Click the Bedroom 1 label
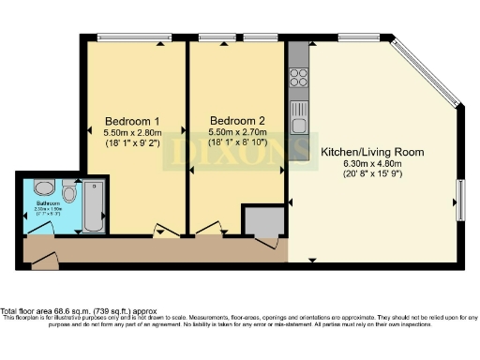pyautogui.click(x=131, y=121)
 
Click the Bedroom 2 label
pyautogui.click(x=231, y=121)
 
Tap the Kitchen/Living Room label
pyautogui.click(x=372, y=152)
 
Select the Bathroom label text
pyautogui.click(x=48, y=203)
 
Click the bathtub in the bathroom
pyautogui.click(x=93, y=206)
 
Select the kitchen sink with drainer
pyautogui.click(x=299, y=119)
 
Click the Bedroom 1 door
pyautogui.click(x=165, y=231)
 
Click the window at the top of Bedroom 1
pyautogui.click(x=127, y=37)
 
